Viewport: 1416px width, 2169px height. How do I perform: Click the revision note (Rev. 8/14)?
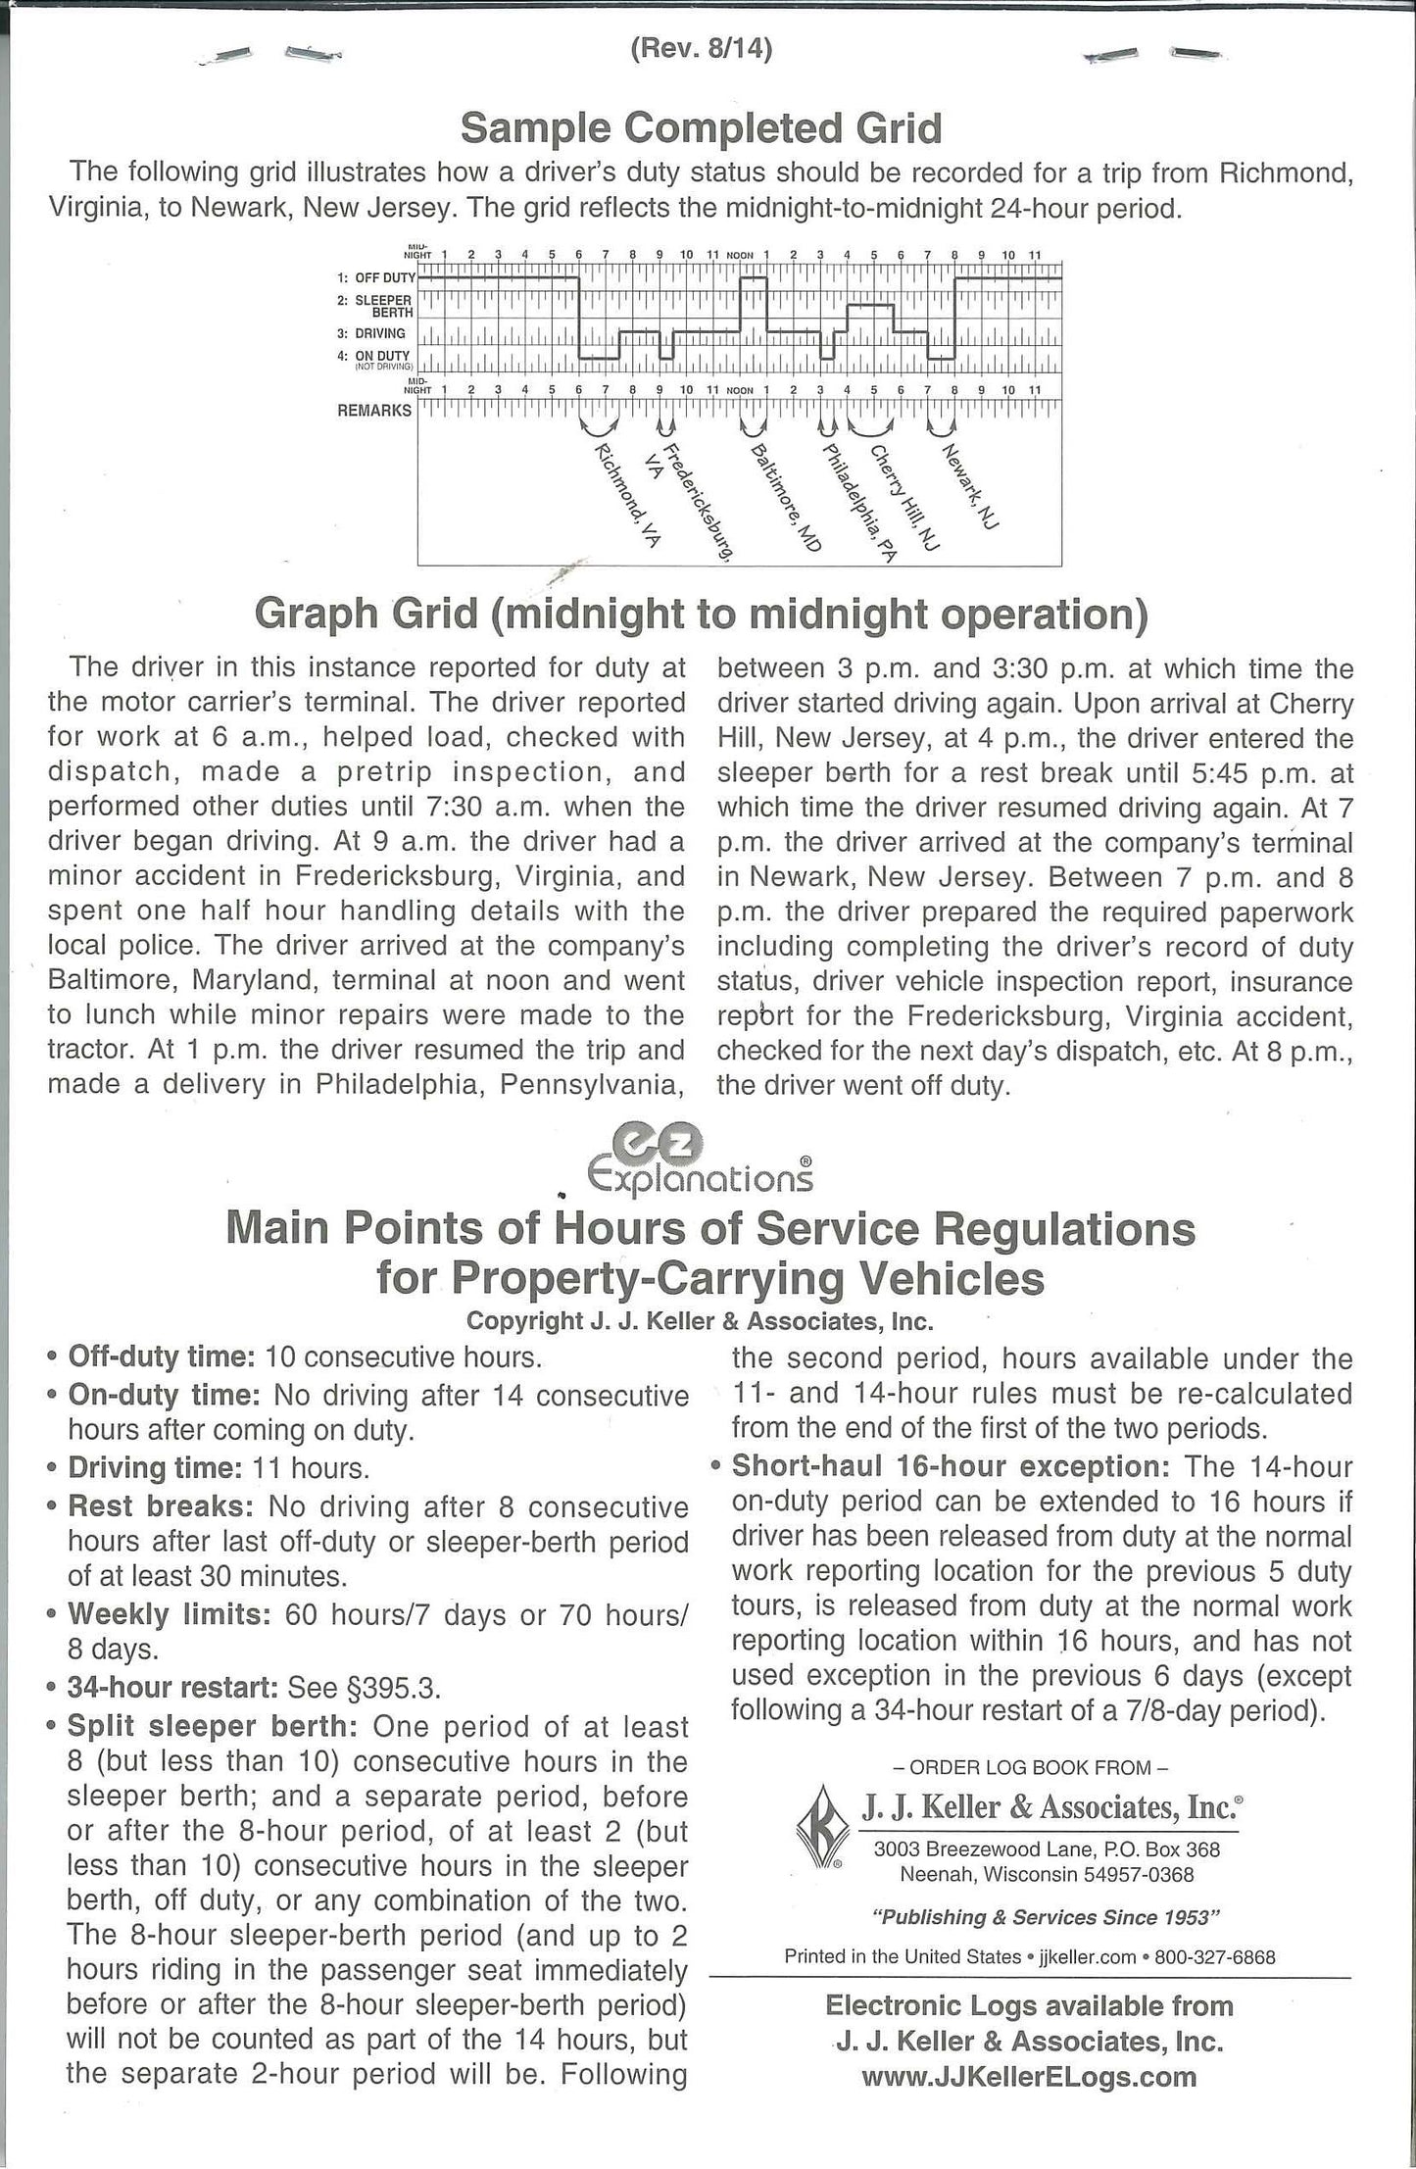click(701, 50)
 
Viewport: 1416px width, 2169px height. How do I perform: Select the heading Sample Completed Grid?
click(701, 127)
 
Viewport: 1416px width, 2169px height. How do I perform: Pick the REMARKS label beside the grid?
click(374, 410)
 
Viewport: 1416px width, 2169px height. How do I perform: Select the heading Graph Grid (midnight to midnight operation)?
click(701, 615)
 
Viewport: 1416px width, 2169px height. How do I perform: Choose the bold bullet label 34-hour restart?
click(171, 1687)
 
